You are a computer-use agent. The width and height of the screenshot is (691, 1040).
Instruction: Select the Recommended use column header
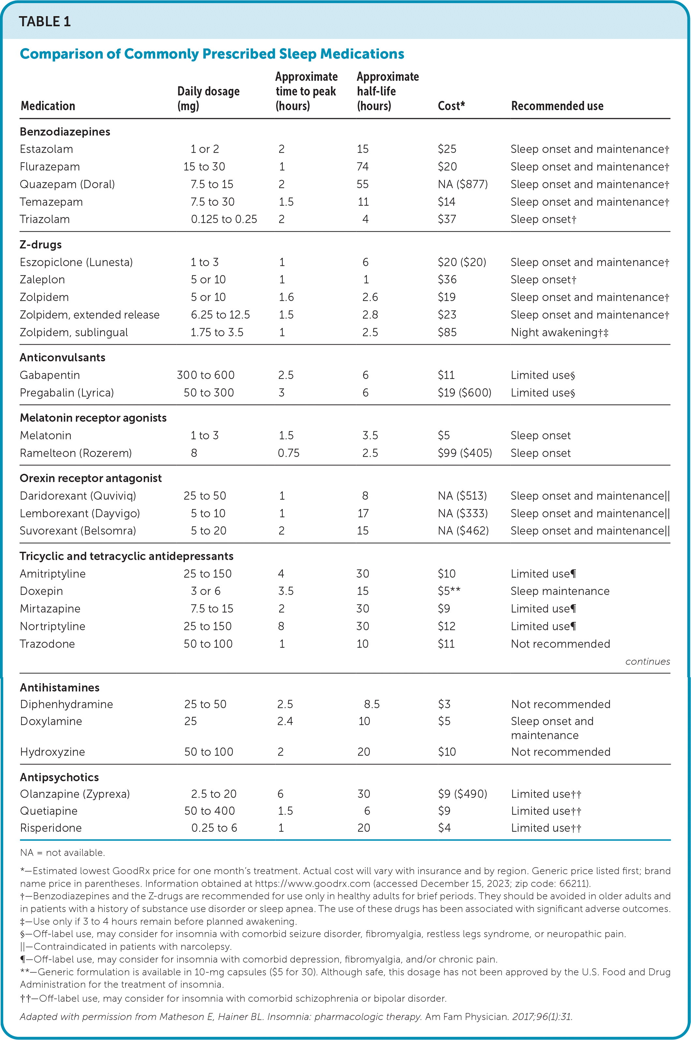coord(557,106)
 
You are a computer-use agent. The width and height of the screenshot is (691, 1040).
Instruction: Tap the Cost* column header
coord(451,106)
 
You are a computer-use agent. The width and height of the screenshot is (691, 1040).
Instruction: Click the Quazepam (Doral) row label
coord(67,184)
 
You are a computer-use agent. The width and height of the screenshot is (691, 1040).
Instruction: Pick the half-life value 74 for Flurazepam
coord(363,167)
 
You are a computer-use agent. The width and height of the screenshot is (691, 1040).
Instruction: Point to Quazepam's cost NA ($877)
coord(462,184)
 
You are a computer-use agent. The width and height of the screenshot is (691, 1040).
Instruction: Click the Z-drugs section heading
coord(40,245)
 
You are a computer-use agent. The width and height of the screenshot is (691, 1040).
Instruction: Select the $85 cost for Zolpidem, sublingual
coord(447,332)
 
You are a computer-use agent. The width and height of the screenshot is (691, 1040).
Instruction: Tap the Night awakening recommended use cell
coord(559,332)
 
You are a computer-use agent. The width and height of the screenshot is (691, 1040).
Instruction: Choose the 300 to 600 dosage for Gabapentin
coord(205,375)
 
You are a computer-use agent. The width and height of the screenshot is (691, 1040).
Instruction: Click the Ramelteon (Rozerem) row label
coord(75,453)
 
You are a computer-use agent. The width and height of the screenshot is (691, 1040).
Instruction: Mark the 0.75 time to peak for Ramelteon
coord(288,453)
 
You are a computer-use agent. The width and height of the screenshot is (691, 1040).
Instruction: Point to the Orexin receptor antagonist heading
coord(90,478)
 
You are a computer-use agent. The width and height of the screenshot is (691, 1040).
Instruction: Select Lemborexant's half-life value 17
coord(363,513)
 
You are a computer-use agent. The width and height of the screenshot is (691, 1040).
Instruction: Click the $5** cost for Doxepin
coord(449,591)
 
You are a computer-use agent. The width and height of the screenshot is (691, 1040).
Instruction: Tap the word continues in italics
coord(647,661)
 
